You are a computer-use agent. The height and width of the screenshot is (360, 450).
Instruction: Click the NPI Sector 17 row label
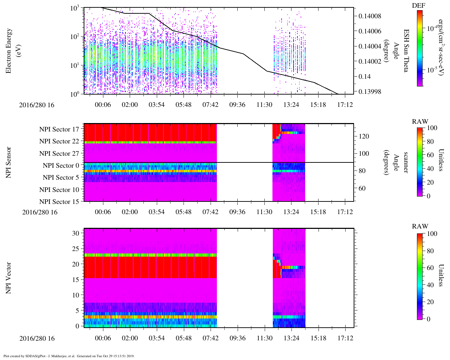[59, 129]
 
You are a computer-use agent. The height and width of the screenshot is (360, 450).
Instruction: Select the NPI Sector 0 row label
[61, 166]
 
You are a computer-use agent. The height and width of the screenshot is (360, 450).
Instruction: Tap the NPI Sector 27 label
[59, 154]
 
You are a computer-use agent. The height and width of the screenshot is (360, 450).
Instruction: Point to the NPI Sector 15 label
[59, 202]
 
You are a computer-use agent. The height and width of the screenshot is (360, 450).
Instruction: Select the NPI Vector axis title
[8, 278]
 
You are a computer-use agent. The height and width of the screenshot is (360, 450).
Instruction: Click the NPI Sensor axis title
[8, 162]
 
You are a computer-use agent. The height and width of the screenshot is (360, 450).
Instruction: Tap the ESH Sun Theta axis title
[405, 51]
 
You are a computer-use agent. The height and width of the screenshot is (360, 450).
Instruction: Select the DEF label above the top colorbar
[419, 6]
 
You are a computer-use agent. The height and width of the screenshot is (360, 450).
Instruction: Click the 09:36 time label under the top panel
[237, 105]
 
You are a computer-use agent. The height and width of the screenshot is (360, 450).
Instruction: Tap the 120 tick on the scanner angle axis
[364, 136]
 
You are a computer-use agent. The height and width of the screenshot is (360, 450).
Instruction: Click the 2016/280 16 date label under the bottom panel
[37, 339]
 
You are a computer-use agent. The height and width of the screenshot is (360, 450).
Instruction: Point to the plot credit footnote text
[69, 356]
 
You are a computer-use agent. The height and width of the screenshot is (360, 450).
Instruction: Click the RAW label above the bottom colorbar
[420, 226]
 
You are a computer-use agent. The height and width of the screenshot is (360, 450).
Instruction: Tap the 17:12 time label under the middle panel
[345, 212]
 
